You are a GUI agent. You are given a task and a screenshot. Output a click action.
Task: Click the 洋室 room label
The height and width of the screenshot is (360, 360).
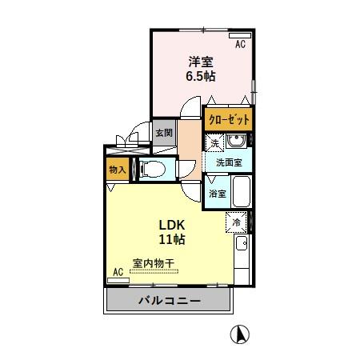click(x=202, y=62)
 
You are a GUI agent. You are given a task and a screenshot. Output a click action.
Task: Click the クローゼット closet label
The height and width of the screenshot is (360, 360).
click(x=228, y=120)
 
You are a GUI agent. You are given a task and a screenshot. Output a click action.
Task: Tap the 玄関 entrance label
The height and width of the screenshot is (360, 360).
click(x=163, y=133)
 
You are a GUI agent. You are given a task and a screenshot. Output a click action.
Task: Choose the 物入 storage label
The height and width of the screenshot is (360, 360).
click(x=116, y=169)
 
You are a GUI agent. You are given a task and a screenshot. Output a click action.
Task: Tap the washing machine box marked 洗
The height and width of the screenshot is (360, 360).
click(x=215, y=142)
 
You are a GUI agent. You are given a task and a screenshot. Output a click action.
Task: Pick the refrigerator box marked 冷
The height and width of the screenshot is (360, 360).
click(x=238, y=222)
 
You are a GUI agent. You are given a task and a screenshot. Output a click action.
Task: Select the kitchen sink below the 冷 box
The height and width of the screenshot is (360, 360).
click(x=241, y=243)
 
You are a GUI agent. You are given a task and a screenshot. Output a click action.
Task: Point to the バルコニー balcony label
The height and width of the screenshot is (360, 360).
click(x=169, y=301)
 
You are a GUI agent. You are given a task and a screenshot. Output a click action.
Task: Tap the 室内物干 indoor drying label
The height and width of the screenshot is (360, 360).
click(x=154, y=263)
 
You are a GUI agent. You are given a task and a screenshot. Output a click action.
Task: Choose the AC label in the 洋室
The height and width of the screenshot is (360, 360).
click(x=240, y=45)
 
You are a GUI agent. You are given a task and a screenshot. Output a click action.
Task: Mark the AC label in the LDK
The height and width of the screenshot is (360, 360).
click(x=118, y=272)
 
